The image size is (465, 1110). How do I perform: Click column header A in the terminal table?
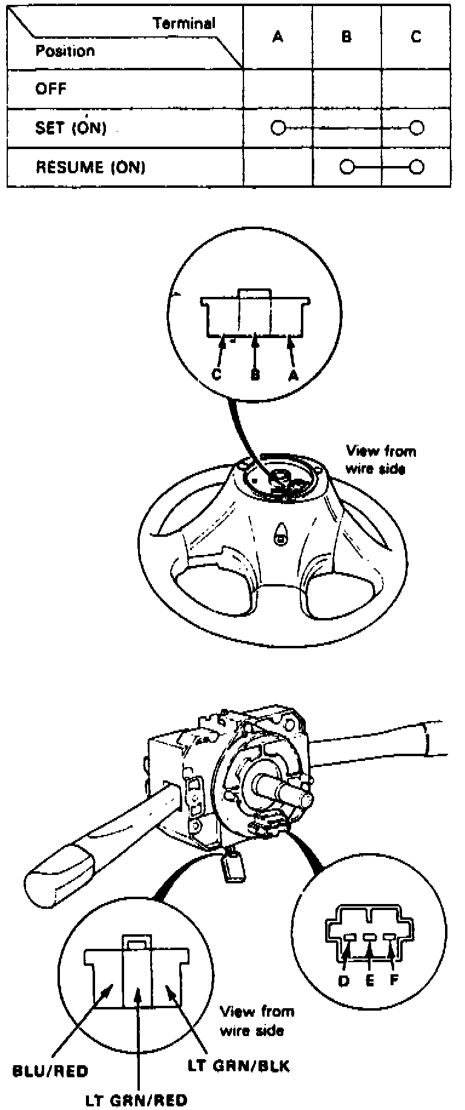click(278, 37)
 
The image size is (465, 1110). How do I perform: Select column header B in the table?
click(346, 37)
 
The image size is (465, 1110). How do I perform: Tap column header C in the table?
click(415, 37)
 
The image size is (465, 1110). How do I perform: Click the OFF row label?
click(51, 89)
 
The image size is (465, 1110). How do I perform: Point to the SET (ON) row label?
click(71, 128)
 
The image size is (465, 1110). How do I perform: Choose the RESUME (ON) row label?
click(91, 167)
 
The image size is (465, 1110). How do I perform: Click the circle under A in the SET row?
click(278, 128)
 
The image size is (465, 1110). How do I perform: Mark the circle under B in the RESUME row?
click(346, 167)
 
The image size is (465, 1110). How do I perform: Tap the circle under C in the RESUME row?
click(416, 167)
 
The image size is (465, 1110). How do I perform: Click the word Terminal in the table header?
click(184, 24)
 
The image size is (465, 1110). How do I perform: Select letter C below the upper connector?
click(217, 374)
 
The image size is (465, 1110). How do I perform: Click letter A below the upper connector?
click(293, 375)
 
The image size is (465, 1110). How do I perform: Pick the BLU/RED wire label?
click(50, 1071)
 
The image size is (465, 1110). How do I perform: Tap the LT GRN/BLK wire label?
click(238, 1066)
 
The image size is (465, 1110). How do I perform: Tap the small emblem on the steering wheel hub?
click(280, 537)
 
